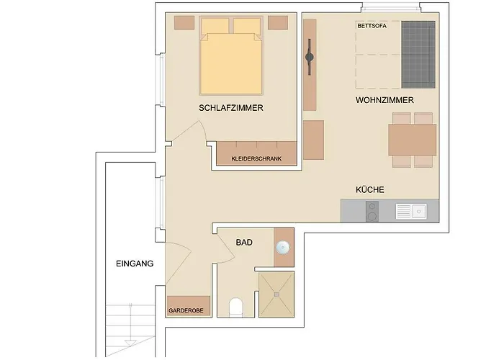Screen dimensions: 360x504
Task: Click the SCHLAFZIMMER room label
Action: [x=231, y=108]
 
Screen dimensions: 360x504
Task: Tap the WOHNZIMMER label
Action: [x=384, y=100]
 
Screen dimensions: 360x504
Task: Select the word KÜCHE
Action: [x=370, y=190]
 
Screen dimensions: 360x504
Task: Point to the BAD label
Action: [x=244, y=243]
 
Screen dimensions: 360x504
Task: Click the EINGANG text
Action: [x=135, y=264]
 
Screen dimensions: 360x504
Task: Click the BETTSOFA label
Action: [x=372, y=26]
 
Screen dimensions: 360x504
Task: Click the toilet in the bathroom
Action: [x=235, y=308]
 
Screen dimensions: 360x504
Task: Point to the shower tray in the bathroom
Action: [x=276, y=296]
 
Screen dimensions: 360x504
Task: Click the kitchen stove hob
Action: [x=372, y=211]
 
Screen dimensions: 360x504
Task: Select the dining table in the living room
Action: [x=413, y=140]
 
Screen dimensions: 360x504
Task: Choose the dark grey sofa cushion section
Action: [x=419, y=53]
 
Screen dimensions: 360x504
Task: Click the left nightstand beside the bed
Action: [x=184, y=22]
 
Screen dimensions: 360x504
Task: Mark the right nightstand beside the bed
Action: [x=278, y=22]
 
